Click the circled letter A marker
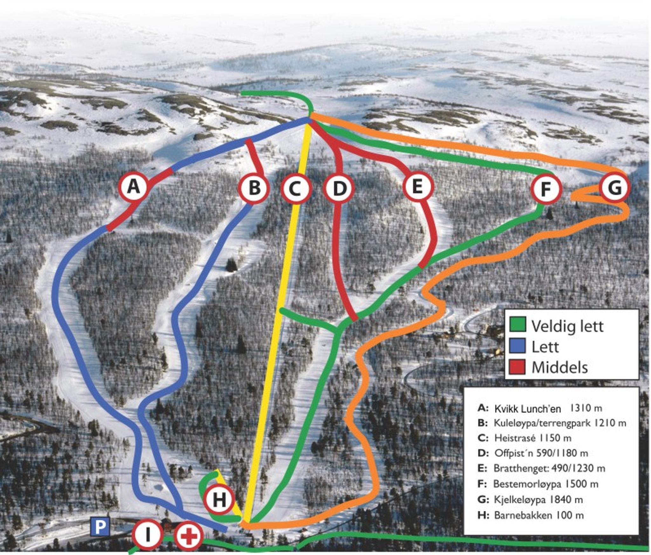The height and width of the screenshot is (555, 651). [x=133, y=187]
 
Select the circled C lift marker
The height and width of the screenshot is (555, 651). [x=296, y=189]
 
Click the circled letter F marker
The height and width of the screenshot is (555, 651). [x=546, y=189]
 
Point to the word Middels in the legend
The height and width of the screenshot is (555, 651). [x=559, y=367]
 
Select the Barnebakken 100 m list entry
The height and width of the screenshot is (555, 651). [x=531, y=515]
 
